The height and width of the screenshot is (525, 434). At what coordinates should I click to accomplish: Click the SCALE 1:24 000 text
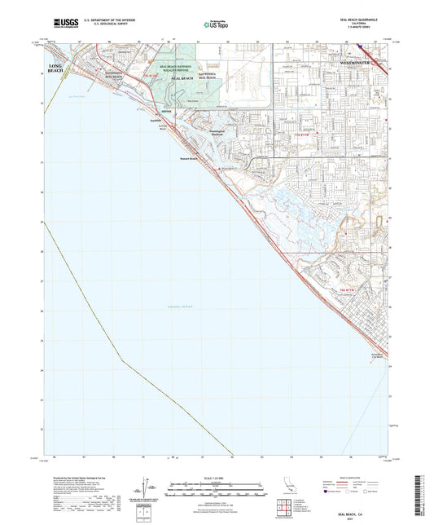pos(217,477)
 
